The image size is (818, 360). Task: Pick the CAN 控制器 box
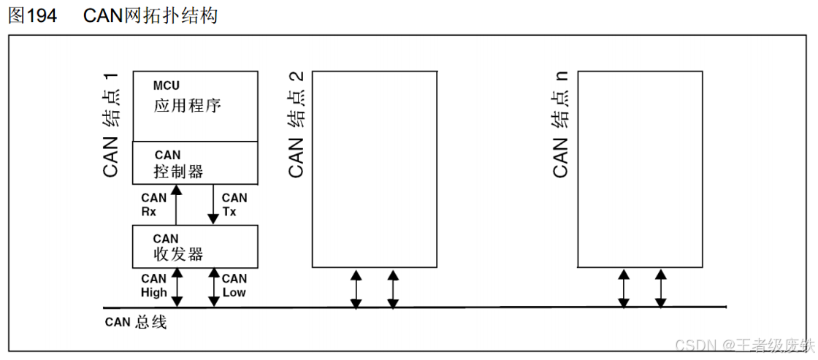[195, 162]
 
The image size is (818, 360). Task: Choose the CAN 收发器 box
[195, 246]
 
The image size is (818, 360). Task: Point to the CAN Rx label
[154, 205]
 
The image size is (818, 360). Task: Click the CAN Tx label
[234, 205]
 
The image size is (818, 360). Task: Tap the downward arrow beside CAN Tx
[214, 204]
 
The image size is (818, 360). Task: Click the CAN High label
[154, 286]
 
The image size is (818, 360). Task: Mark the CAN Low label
[234, 286]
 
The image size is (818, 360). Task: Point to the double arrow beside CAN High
[177, 287]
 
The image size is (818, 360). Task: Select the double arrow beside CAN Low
[214, 287]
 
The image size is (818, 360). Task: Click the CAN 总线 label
[136, 323]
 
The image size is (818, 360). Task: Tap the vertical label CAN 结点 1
[112, 125]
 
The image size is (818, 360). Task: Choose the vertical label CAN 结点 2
[296, 125]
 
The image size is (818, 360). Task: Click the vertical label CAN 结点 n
[561, 125]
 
